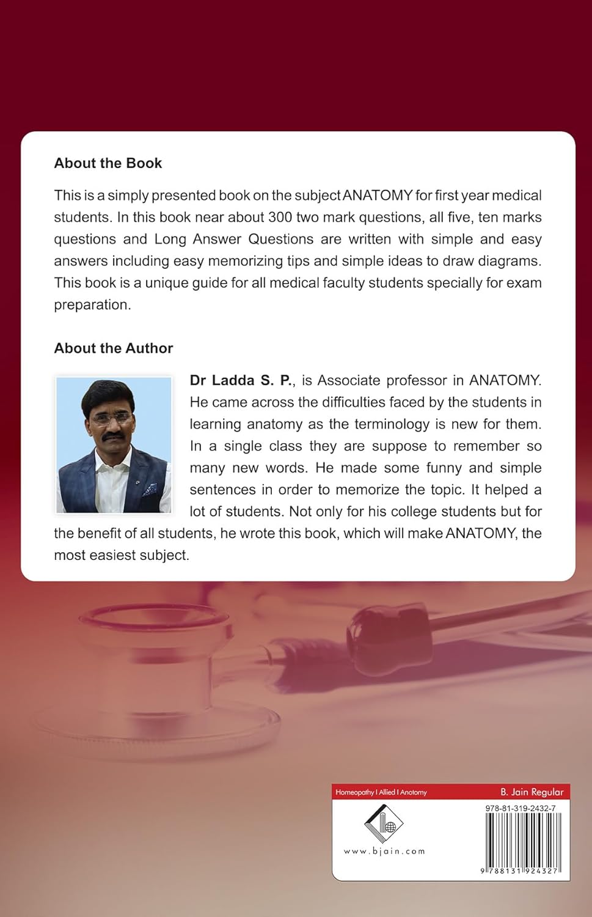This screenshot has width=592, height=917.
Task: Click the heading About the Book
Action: (x=108, y=163)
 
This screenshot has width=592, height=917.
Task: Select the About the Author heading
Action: (x=114, y=348)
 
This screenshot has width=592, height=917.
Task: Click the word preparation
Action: (x=92, y=304)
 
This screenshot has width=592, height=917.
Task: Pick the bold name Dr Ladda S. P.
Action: (x=241, y=380)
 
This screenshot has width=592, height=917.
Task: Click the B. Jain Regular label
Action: (x=532, y=792)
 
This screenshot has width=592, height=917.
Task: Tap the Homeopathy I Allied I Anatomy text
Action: (x=381, y=792)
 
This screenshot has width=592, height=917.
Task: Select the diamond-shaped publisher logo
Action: (x=384, y=824)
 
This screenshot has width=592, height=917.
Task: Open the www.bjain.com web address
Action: (x=384, y=851)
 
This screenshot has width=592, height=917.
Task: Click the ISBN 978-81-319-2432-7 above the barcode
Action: (x=521, y=808)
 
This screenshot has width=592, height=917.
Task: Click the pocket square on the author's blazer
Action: (x=149, y=488)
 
